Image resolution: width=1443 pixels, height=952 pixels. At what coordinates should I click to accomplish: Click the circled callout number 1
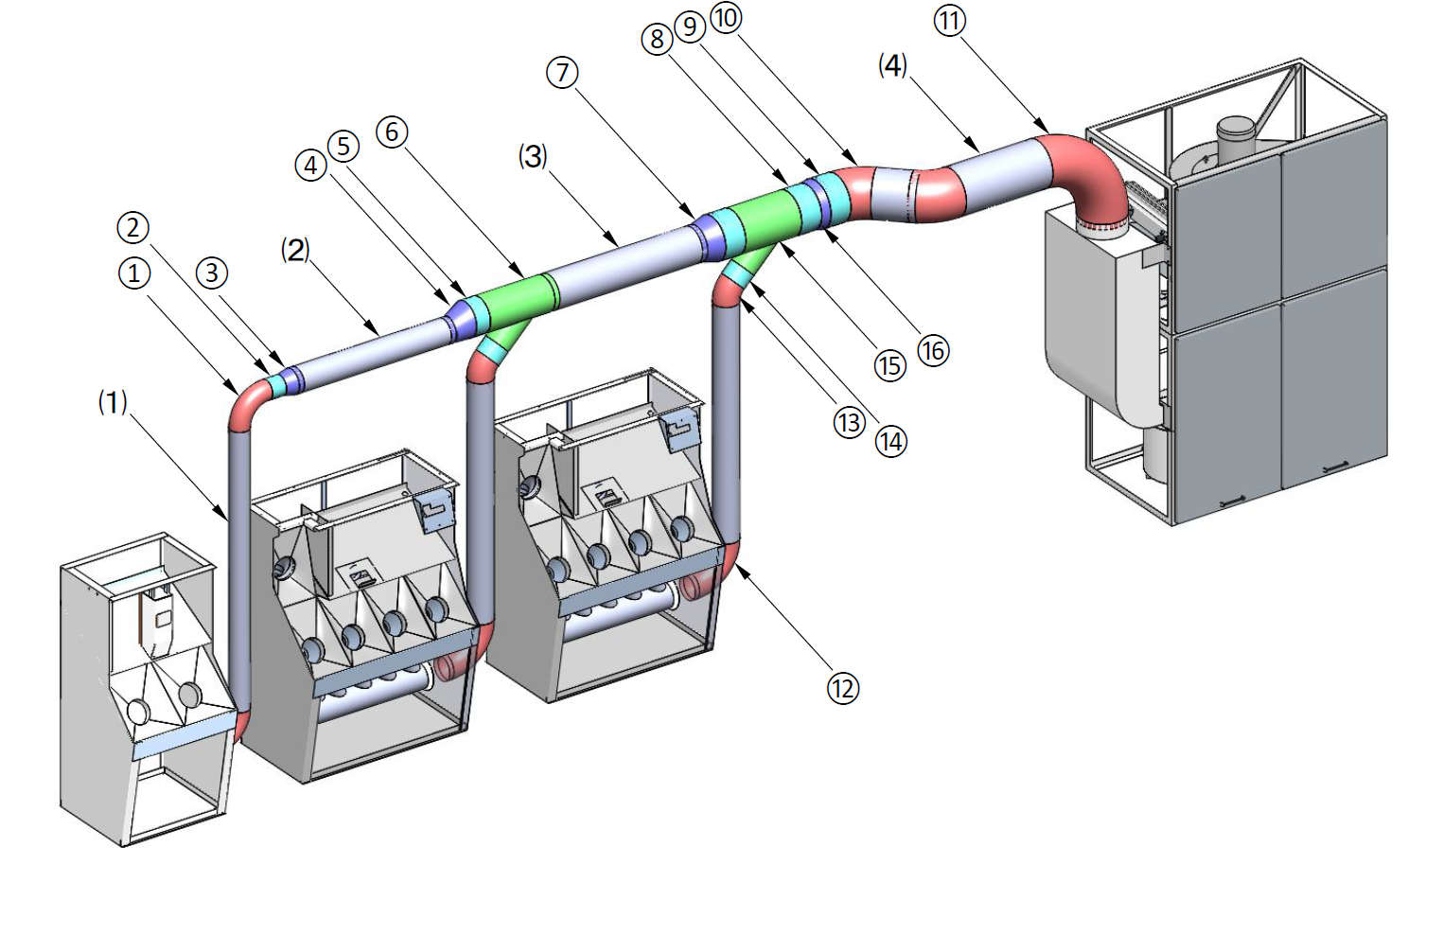(133, 273)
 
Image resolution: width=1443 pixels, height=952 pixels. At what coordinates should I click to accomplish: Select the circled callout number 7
(562, 72)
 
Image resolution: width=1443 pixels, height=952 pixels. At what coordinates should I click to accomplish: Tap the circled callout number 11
(949, 20)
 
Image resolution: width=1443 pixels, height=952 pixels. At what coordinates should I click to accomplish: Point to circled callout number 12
(842, 688)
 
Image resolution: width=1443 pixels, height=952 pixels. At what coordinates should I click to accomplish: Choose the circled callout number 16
(933, 350)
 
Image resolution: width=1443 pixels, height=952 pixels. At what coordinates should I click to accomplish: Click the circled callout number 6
(392, 132)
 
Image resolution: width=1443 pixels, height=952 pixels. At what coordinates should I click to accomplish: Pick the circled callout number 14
(890, 441)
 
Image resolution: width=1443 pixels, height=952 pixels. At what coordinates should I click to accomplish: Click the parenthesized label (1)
(113, 402)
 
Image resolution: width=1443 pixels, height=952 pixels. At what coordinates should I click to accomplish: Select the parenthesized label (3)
(533, 156)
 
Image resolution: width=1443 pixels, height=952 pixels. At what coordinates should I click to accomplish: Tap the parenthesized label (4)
(892, 64)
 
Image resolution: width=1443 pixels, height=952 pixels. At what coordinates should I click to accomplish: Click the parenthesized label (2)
(295, 250)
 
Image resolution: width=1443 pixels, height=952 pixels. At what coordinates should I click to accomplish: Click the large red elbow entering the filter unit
(1088, 175)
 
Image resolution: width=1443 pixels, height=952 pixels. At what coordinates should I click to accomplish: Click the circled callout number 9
(691, 26)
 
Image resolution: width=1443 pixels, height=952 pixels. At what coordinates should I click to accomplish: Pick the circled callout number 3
(212, 273)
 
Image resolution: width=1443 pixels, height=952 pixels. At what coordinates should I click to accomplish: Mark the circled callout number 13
(849, 422)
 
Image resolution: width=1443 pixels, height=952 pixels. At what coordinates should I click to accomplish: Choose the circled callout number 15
(889, 365)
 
